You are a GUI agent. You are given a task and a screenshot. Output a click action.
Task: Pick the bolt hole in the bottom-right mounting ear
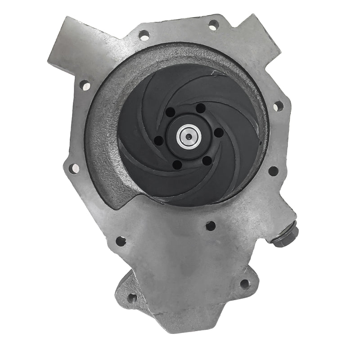point(244,283)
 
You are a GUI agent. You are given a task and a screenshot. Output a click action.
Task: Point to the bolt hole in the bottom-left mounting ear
point(132,297)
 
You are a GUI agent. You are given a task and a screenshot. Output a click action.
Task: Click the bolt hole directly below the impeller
point(210,225)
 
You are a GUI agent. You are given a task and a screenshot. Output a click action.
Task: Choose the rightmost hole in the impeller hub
point(218,133)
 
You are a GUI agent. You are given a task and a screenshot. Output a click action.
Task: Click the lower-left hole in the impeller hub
point(177,165)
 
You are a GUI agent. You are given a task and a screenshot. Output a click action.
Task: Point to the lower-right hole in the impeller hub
point(207,160)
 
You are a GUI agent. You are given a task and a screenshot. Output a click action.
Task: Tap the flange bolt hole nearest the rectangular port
point(84,84)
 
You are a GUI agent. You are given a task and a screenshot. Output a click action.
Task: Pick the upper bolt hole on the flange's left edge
point(84,84)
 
